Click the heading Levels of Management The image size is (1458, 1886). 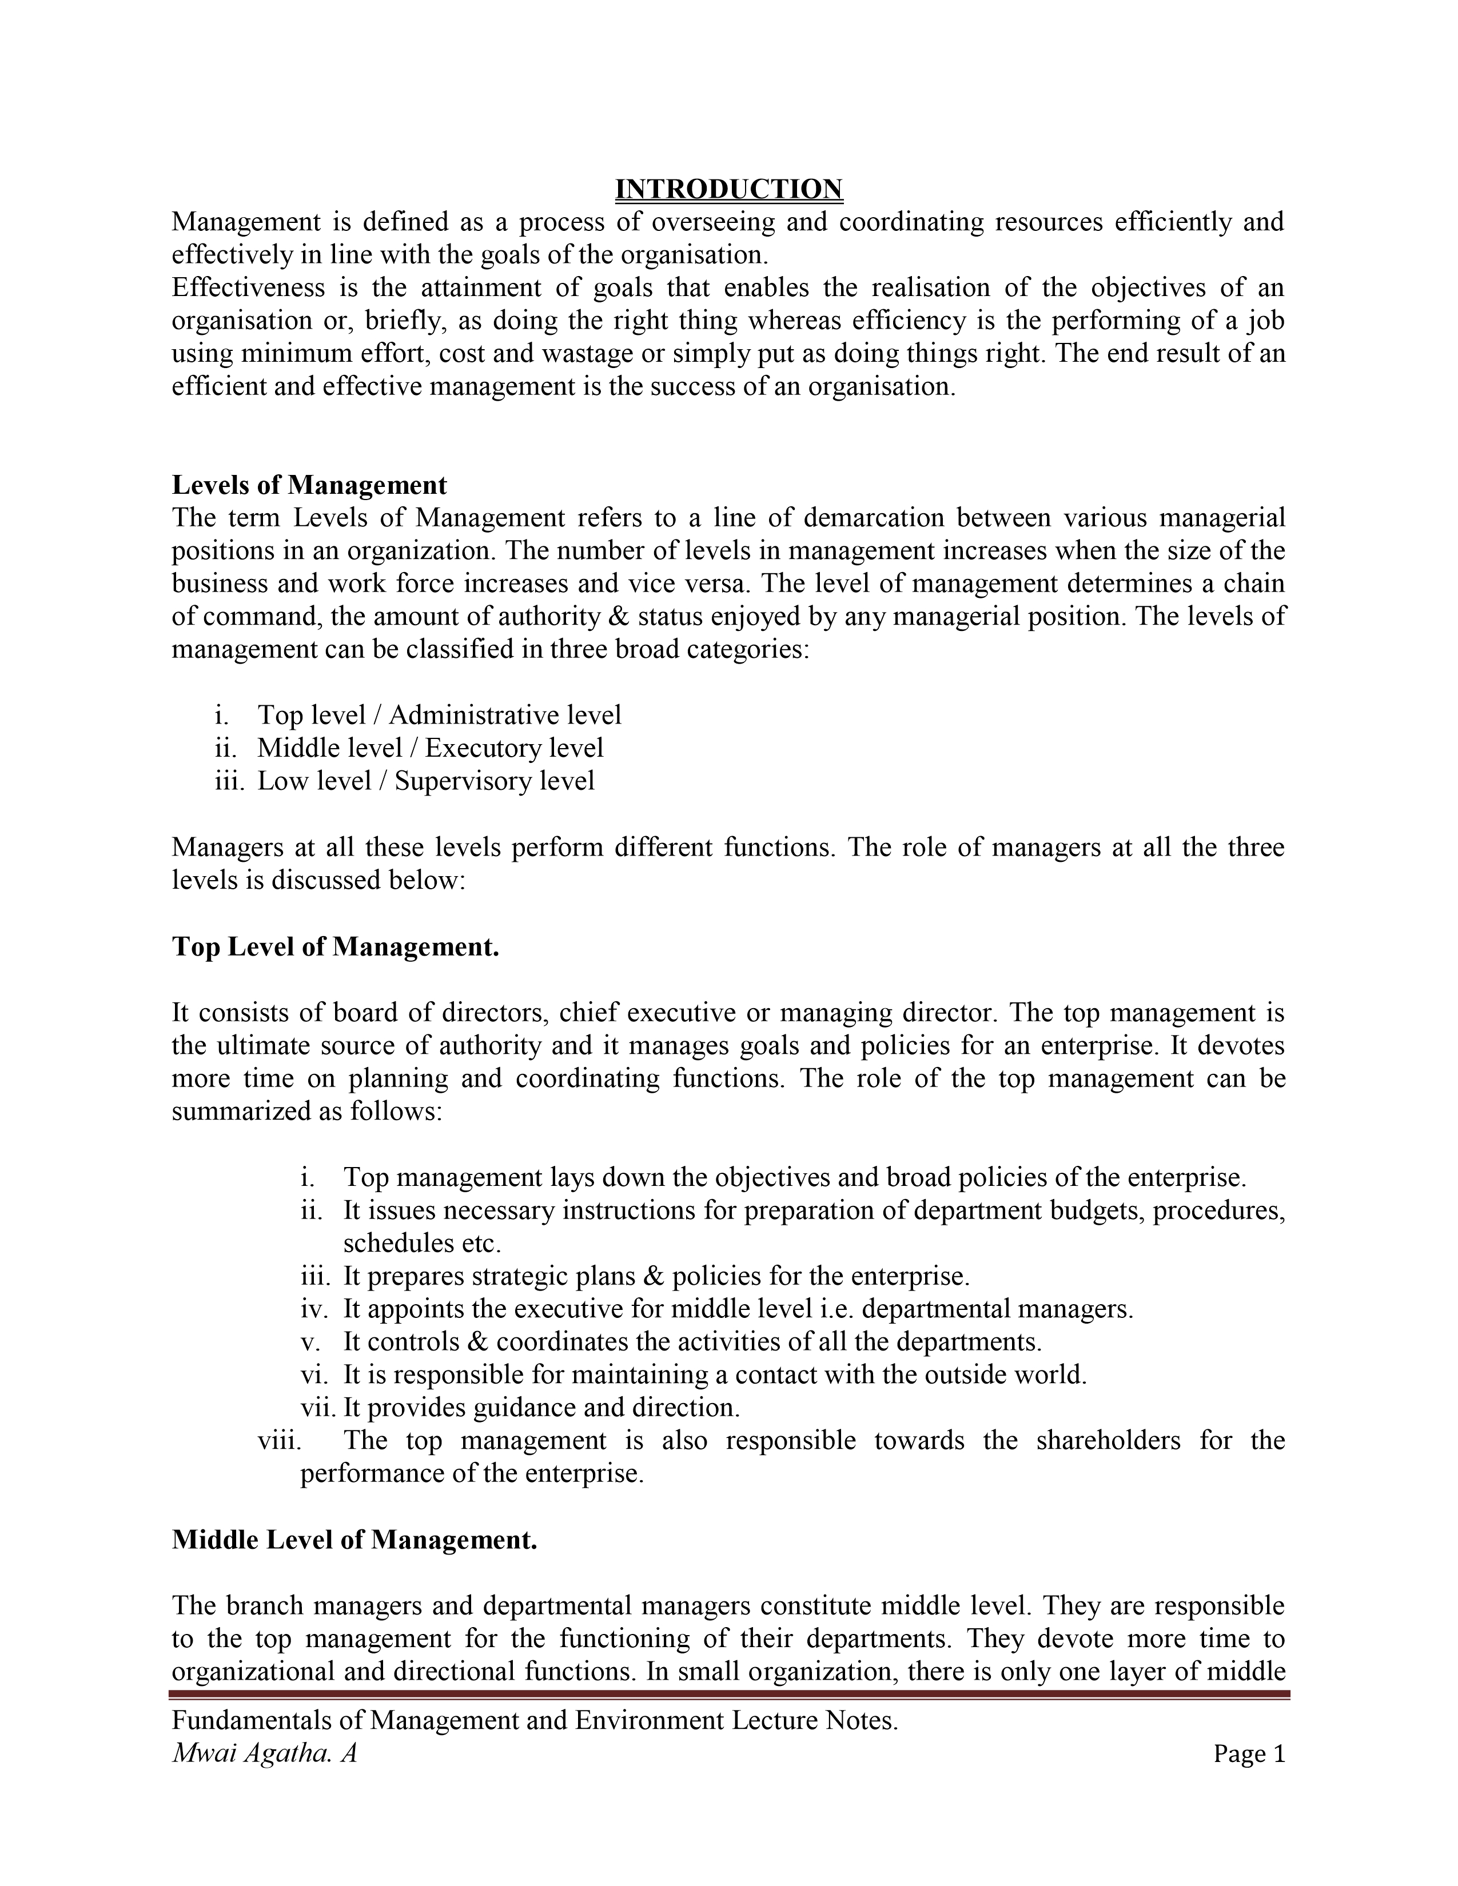pyautogui.click(x=309, y=485)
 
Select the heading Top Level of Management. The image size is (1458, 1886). pyautogui.click(x=335, y=946)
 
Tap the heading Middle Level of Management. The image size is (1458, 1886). pyautogui.click(x=354, y=1539)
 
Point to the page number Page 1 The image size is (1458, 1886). pyautogui.click(x=1249, y=1753)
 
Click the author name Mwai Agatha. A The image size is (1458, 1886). pyautogui.click(x=264, y=1753)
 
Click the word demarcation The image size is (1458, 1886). pyautogui.click(x=866, y=518)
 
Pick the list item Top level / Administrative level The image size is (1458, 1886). pyautogui.click(x=439, y=715)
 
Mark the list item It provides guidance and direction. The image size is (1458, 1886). pyautogui.click(x=541, y=1408)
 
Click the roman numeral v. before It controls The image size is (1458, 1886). pyautogui.click(x=310, y=1342)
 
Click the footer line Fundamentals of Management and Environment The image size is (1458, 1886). pyautogui.click(x=535, y=1720)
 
